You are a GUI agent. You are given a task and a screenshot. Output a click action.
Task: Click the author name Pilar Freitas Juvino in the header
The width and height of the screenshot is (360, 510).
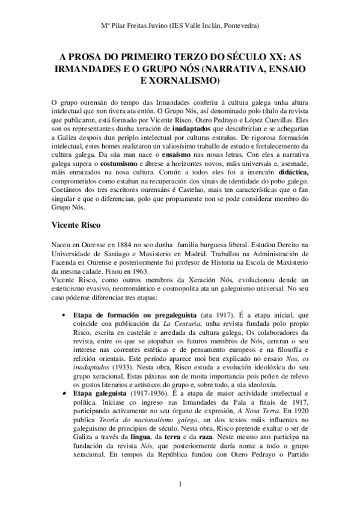coord(144,27)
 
